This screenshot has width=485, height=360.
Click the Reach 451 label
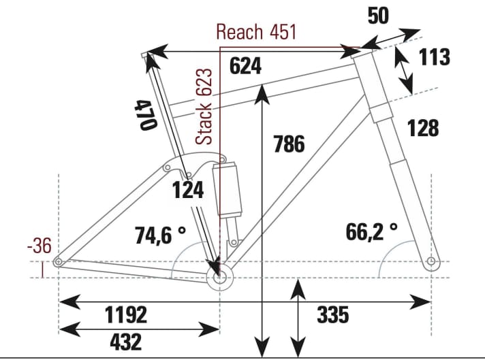(x=255, y=33)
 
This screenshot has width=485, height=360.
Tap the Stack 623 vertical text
(x=204, y=106)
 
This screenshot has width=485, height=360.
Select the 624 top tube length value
(x=245, y=66)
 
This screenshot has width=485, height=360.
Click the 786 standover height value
(x=288, y=144)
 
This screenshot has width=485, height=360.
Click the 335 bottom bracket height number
(x=332, y=315)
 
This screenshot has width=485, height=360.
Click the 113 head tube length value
(x=435, y=57)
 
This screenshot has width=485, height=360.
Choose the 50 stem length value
(x=378, y=16)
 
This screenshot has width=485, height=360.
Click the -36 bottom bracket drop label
(x=40, y=246)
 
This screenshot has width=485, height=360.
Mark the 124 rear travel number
(x=187, y=191)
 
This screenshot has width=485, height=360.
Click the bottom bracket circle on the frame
(x=219, y=277)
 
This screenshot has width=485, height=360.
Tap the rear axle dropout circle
(x=59, y=261)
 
